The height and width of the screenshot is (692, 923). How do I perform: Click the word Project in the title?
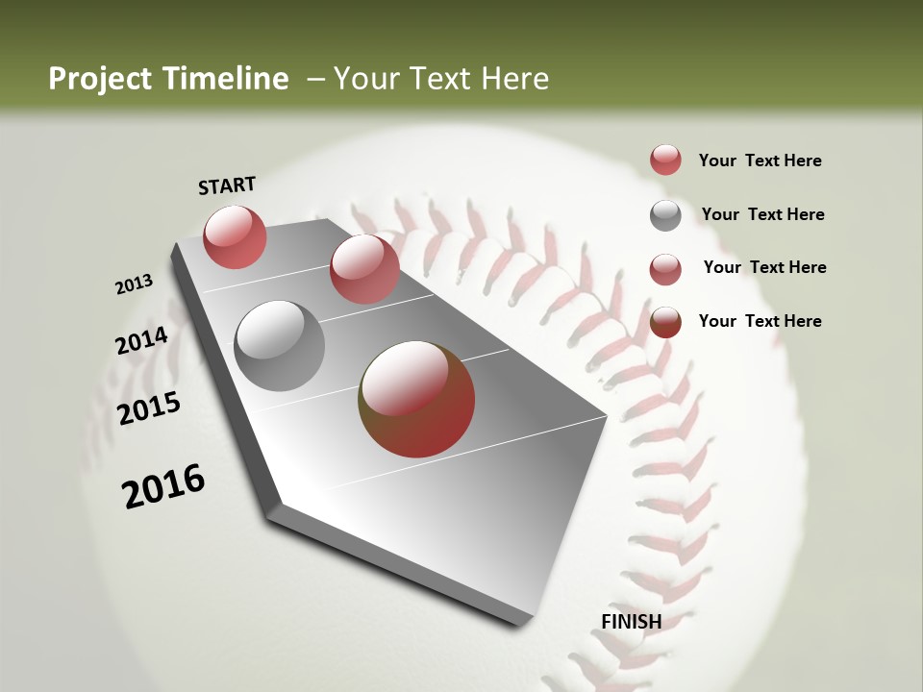[x=100, y=79]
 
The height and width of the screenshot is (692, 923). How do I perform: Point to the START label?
[x=227, y=185]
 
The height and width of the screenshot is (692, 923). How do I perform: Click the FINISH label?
[x=631, y=621]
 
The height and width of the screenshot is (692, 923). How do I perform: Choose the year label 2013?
[x=135, y=284]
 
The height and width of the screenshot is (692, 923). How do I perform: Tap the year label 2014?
[x=142, y=341]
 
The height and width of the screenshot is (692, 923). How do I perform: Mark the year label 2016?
[x=163, y=486]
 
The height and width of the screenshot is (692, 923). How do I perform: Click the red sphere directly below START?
[x=235, y=236]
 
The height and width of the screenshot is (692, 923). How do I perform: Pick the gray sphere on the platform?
[x=280, y=346]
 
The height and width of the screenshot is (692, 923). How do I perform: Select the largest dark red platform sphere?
[x=416, y=399]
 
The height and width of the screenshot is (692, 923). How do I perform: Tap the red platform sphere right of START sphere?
[x=364, y=269]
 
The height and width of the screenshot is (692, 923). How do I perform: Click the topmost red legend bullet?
[x=665, y=160]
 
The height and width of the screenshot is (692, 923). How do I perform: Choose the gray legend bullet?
[x=665, y=214]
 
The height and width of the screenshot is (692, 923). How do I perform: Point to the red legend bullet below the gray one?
[x=665, y=268]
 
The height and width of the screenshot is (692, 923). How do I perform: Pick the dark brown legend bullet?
[x=665, y=322]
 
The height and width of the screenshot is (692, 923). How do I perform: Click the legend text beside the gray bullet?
[x=762, y=214]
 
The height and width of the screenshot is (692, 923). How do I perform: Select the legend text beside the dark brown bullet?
[x=760, y=321]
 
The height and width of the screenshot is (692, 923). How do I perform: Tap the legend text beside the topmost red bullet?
[x=760, y=161]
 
